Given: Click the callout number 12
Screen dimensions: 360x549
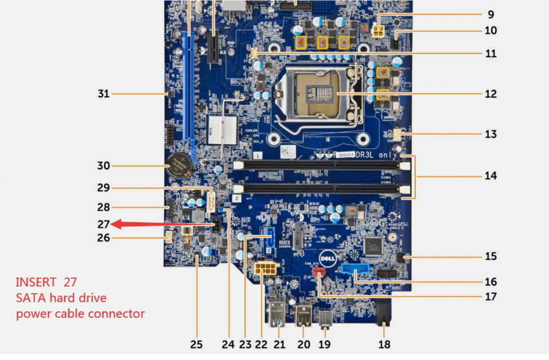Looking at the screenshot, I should pos(490,94).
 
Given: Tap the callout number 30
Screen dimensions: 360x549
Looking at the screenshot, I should pos(103,166).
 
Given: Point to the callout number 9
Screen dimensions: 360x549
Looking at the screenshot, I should pos(491,15).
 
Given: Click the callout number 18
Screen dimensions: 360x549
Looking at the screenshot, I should pos(384,344).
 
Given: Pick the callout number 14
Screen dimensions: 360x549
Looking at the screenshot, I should pos(490,176).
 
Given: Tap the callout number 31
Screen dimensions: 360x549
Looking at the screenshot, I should pos(103,94).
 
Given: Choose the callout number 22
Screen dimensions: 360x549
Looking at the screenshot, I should pos(261,344).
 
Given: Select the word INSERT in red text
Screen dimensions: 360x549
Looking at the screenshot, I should pos(35,282).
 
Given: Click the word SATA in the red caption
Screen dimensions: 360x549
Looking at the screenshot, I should pos(30,298).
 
